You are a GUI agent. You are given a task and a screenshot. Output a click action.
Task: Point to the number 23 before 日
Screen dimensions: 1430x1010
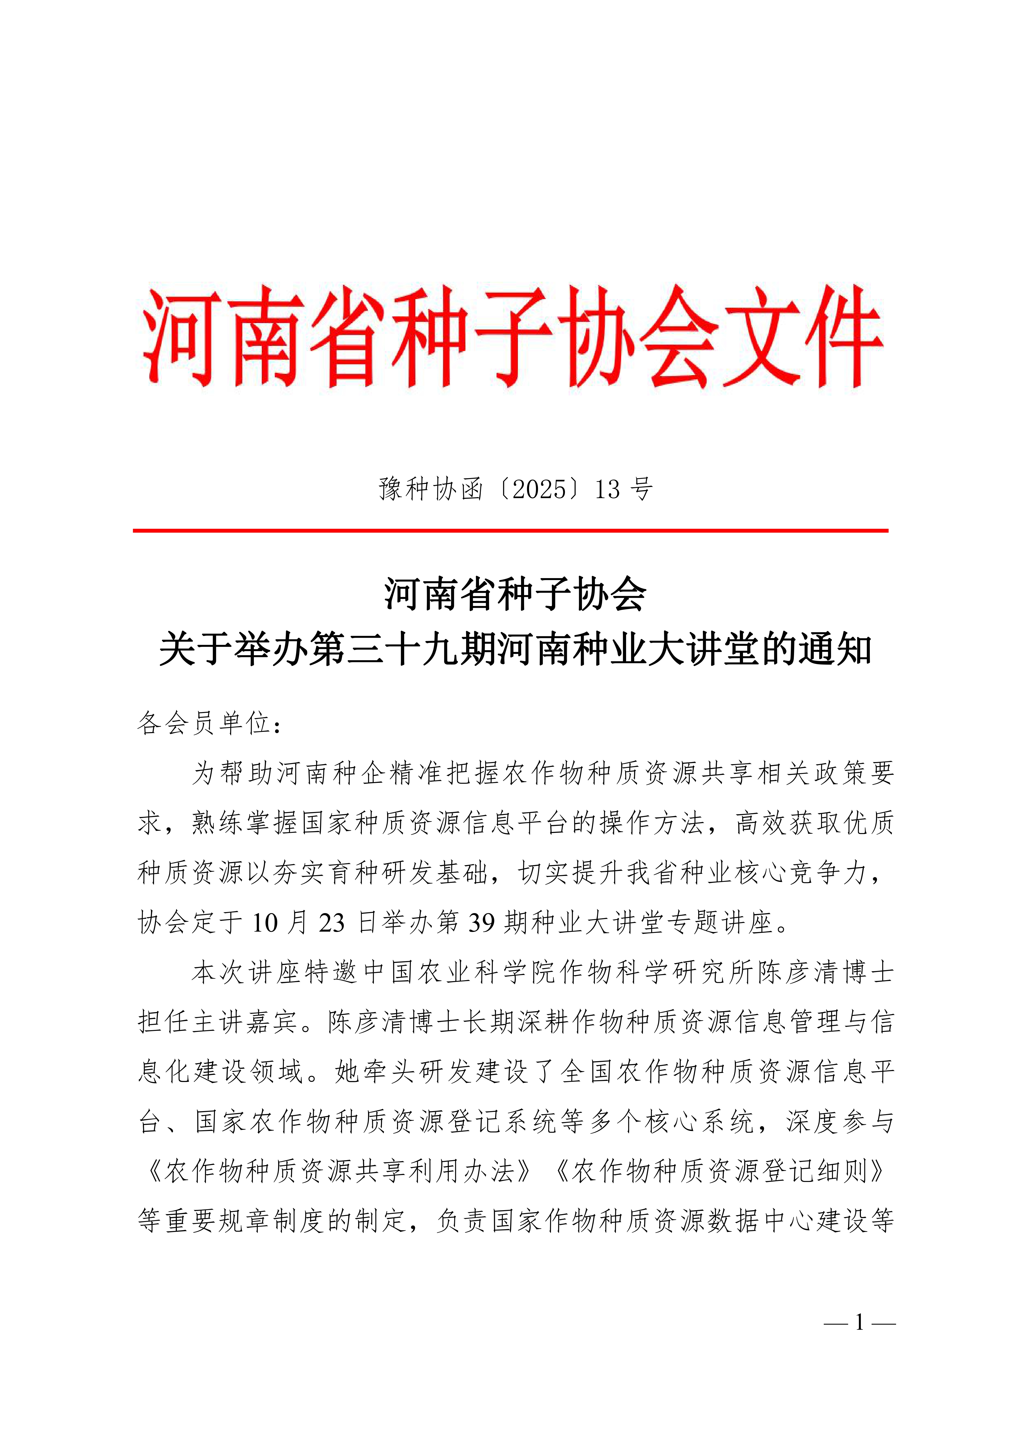(331, 922)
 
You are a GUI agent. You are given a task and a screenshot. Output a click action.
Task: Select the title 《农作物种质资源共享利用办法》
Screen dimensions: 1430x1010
(336, 1172)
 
